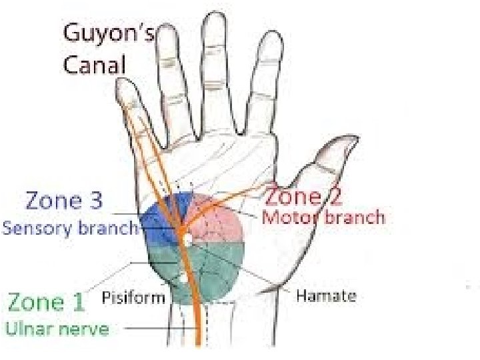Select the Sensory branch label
point(70,228)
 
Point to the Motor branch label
point(323,217)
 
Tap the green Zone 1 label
point(46,303)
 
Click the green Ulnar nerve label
point(58,329)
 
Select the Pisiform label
point(133,297)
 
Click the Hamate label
point(326,296)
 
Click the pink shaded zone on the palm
point(217,217)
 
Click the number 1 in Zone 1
point(79,303)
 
